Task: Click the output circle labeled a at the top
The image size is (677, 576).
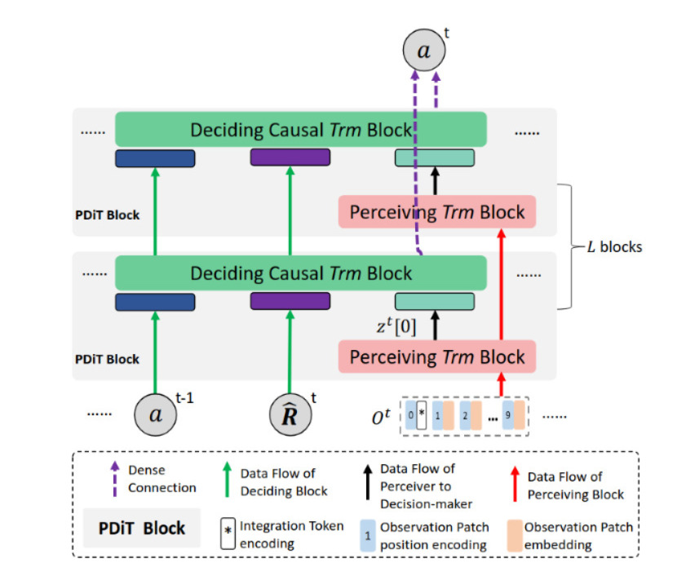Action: point(424,51)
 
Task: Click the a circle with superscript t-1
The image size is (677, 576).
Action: point(154,414)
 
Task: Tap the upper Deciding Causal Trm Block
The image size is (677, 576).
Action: point(301,130)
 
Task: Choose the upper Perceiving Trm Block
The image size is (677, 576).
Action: point(436,212)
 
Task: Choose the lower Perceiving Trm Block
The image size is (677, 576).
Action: point(436,357)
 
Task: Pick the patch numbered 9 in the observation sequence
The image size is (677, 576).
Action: point(507,414)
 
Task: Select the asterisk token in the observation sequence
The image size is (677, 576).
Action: point(422,414)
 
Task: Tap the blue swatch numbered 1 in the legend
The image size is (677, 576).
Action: point(368,534)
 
